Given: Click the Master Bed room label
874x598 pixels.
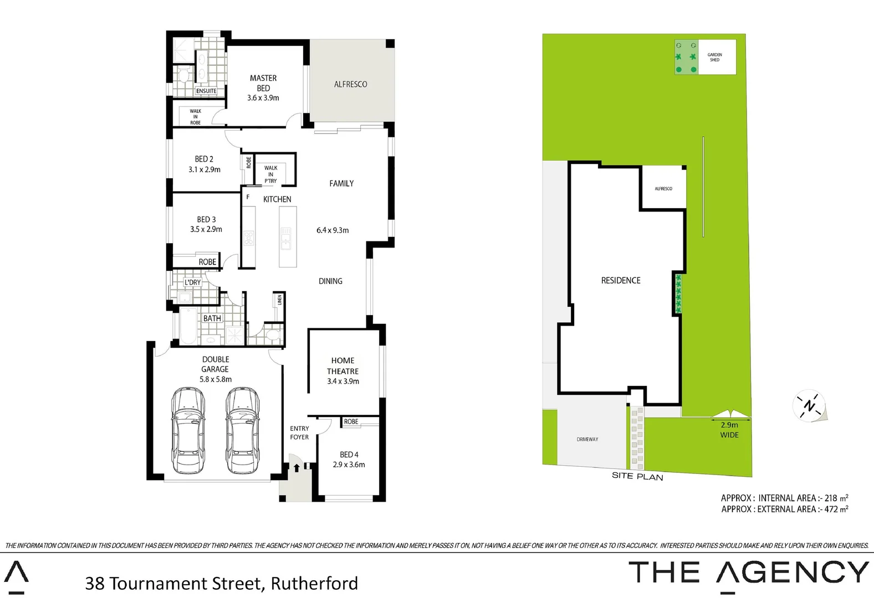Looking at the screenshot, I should point(263,83).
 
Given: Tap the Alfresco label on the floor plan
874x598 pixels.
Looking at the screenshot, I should point(350,84).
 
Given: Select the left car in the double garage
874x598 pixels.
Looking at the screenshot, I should point(188,431).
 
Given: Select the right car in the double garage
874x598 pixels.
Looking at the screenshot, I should point(242,431).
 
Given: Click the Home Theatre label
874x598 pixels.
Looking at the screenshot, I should point(343,365).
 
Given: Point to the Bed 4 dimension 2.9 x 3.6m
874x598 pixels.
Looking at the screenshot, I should point(349,465).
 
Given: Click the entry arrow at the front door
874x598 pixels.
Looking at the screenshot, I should point(297,468).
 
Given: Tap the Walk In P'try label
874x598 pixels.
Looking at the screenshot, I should point(270,174).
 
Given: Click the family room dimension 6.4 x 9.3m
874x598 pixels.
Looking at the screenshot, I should point(333,230).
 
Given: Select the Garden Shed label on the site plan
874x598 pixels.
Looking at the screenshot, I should point(714,57).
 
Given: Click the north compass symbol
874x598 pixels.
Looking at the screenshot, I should point(810,405).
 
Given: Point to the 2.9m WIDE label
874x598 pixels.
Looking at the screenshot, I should point(729,430).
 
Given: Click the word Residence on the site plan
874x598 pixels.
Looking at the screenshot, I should point(621,281).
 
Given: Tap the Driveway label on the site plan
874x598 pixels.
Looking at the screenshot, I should point(587,439).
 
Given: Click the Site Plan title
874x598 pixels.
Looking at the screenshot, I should point(637,476).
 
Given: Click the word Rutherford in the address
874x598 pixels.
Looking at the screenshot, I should point(314,584).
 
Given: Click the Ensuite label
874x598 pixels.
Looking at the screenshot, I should point(206,91).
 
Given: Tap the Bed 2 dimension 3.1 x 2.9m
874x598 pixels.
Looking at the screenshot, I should point(205,169).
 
